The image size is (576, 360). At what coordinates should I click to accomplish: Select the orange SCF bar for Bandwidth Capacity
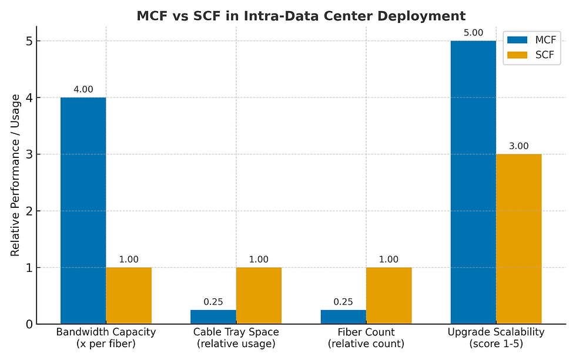click(x=129, y=295)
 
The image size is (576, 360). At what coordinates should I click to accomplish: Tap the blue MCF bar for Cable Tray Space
click(x=213, y=317)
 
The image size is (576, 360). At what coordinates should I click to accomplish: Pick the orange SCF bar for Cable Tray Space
click(x=259, y=295)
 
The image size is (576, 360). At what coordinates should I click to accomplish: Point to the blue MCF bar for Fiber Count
click(x=343, y=317)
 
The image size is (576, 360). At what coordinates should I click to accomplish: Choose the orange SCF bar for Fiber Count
click(x=389, y=295)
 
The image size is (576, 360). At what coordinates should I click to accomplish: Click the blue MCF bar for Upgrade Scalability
click(x=473, y=182)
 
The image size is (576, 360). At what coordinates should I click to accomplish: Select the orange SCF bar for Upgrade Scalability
click(x=518, y=238)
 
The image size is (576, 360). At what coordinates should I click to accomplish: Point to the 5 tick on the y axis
click(x=28, y=41)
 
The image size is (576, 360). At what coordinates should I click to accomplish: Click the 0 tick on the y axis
click(x=28, y=324)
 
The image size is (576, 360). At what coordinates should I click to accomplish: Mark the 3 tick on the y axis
click(x=28, y=154)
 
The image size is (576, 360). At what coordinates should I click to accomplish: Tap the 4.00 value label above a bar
click(x=83, y=89)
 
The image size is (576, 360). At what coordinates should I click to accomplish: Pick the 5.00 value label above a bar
click(x=473, y=33)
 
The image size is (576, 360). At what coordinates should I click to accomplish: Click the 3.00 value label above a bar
click(x=518, y=146)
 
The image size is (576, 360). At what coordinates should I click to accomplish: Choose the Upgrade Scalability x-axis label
click(x=496, y=338)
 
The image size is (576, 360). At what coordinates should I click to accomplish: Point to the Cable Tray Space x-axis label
click(x=236, y=338)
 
